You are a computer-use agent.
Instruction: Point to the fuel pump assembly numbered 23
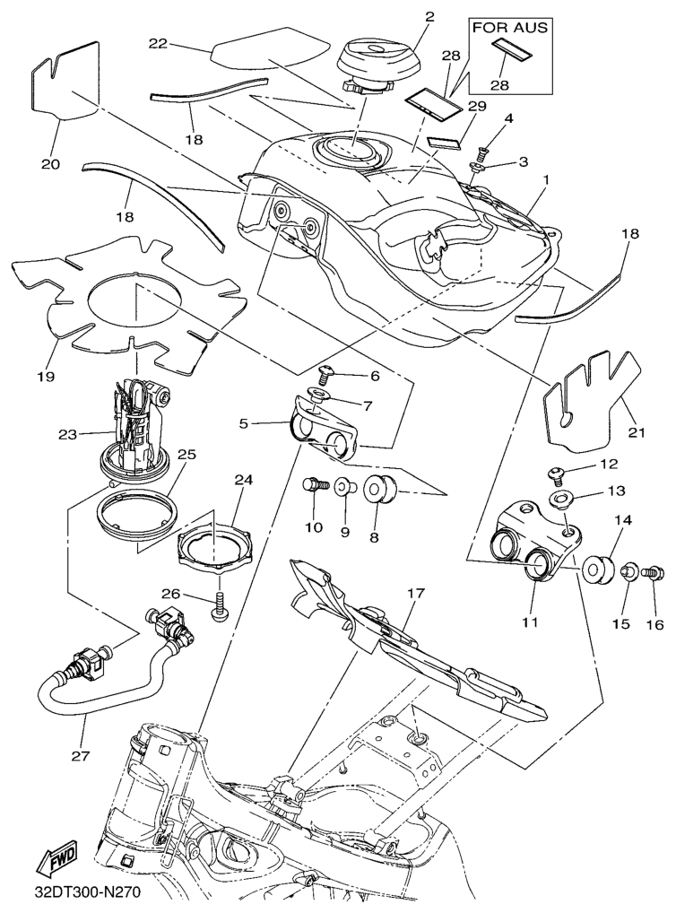(139, 425)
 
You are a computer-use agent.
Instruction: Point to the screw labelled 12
(555, 471)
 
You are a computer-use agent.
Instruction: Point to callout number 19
(43, 376)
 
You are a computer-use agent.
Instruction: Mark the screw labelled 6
(327, 370)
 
